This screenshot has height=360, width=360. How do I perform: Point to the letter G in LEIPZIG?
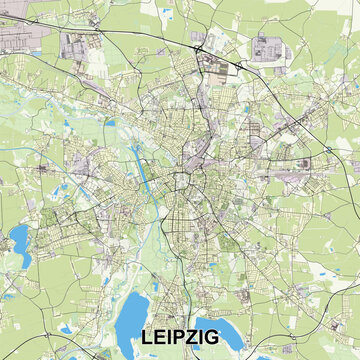(242, 339)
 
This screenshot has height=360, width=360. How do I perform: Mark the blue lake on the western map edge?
(17, 238)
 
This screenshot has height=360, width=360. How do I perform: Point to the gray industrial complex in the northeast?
(267, 47)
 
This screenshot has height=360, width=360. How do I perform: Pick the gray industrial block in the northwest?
(78, 44)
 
